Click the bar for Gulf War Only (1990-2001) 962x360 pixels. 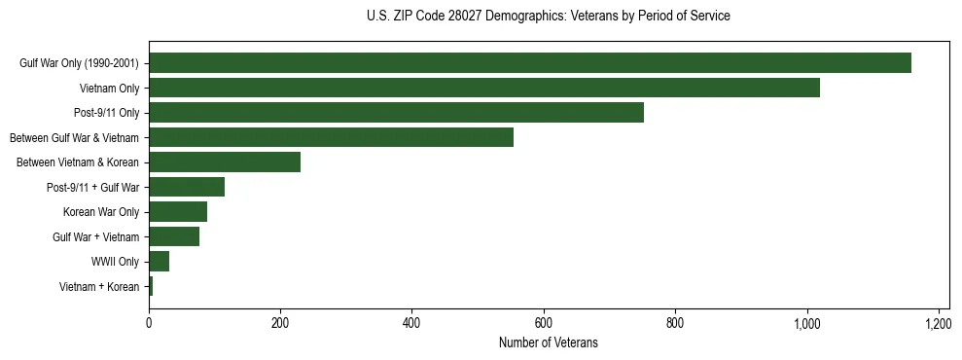pos(530,63)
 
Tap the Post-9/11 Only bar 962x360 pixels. pos(396,113)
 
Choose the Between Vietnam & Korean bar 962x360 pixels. pos(225,162)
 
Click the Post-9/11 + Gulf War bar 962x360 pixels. pos(187,187)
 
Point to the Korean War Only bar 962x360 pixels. pos(178,212)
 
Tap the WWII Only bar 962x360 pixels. pos(160,262)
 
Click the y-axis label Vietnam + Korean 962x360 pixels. pos(99,287)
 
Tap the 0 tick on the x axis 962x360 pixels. pos(149,323)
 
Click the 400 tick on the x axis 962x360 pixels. pos(412,323)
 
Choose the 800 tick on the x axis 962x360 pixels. pos(676,323)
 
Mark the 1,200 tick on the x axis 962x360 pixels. pos(939,323)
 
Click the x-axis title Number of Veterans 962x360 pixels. pos(548,342)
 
